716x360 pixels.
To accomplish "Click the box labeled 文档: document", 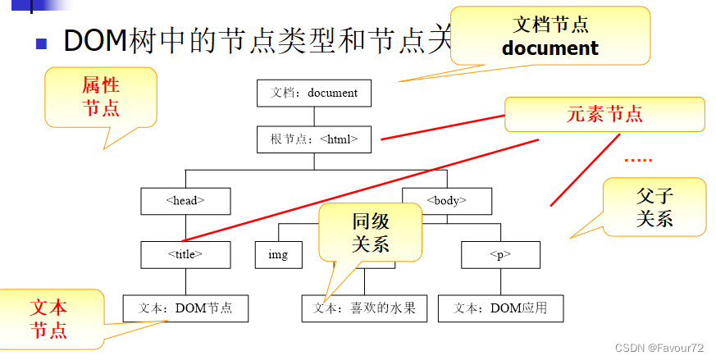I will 314,93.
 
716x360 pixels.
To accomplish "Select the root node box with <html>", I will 314,139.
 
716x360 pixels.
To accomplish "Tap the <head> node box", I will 185,200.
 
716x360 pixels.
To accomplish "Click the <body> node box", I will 446,200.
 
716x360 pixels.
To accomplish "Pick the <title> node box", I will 185,254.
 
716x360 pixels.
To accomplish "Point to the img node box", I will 278,254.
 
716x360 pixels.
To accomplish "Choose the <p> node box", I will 499,254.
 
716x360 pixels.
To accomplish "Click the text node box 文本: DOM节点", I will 185,308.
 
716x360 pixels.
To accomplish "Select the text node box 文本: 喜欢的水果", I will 364,308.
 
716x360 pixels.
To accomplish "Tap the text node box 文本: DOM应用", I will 500,308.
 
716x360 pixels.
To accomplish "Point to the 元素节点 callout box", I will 604,114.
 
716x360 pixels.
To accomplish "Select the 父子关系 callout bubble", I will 654,207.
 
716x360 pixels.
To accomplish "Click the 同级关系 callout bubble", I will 371,231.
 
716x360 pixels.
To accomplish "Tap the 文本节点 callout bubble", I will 49,318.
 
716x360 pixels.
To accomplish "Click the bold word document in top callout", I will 550,48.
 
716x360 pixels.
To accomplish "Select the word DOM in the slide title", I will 95,40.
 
